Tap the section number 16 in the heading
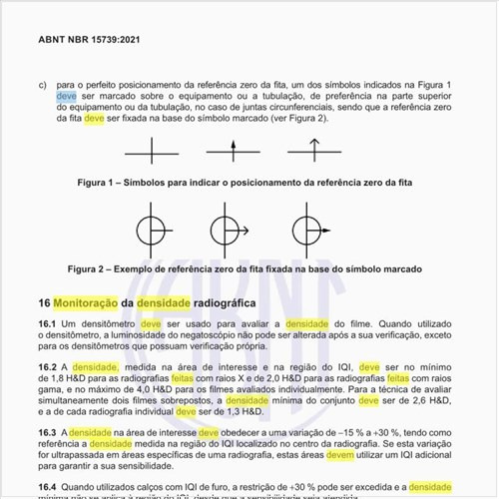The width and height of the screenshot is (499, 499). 44,302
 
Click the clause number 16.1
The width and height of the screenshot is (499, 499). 47,325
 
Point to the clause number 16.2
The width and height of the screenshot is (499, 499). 47,367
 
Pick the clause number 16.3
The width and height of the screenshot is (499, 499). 47,431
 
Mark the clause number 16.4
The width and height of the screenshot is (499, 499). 47,486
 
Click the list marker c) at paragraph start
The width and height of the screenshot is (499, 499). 43,85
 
